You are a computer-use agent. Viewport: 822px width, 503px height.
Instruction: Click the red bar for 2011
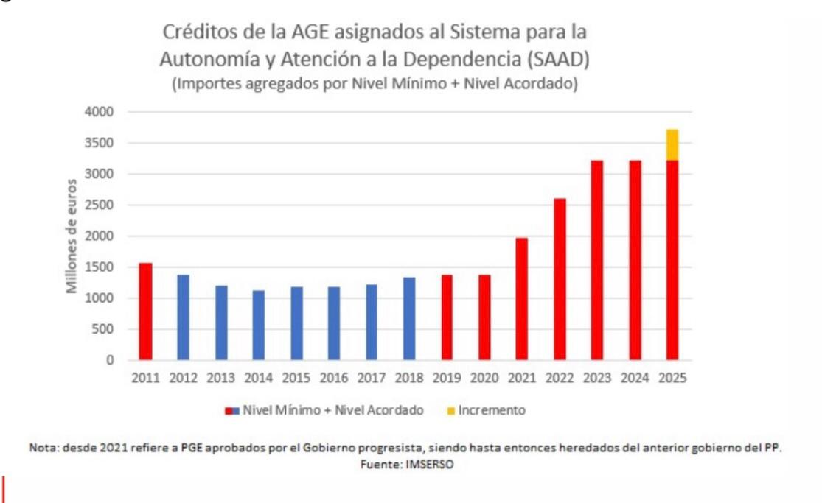pos(145,312)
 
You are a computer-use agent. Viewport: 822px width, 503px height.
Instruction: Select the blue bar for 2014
pos(259,325)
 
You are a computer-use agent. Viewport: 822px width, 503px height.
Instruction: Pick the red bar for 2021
pos(521,299)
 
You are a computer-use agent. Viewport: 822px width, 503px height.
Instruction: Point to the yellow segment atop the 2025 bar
pos(672,144)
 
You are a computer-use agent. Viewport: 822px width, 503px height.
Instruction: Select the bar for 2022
pos(560,279)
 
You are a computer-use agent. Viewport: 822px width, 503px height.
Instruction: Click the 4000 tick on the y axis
pos(101,112)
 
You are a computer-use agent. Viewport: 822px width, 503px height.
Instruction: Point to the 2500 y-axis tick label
pos(101,205)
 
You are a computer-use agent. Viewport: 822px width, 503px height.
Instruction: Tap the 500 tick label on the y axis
pos(105,329)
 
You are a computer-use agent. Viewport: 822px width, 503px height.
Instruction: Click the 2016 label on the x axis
pos(334,378)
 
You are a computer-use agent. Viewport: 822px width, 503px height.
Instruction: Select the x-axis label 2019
pos(447,378)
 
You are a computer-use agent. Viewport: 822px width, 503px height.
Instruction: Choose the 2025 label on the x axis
pos(672,378)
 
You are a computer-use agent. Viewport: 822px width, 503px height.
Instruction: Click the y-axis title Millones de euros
pos(72,236)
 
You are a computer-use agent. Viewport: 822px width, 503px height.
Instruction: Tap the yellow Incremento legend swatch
pos(450,410)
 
